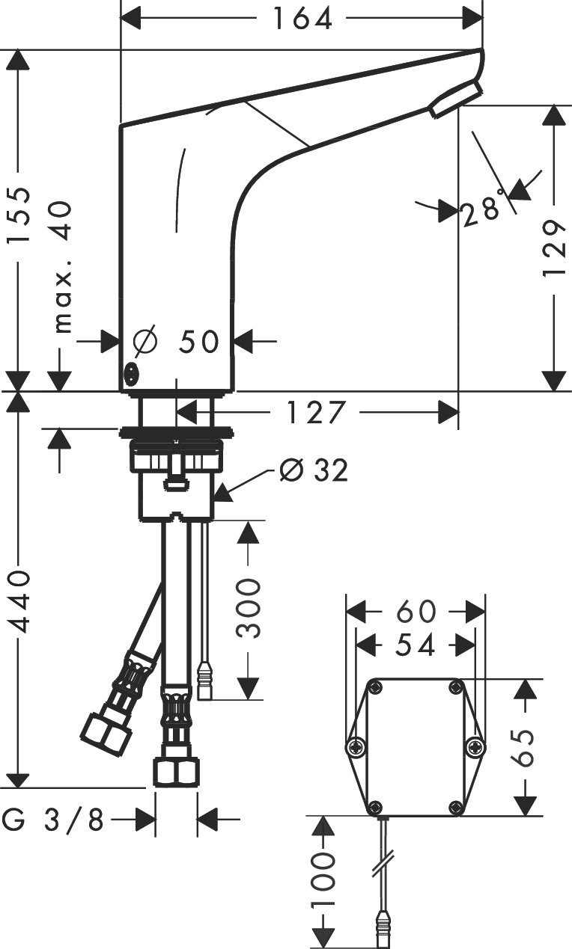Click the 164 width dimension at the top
[301, 19]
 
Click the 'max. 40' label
[63, 266]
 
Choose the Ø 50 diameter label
[177, 342]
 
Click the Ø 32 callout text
[313, 470]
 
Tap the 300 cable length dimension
[249, 606]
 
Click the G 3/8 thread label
[53, 820]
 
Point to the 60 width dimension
[416, 611]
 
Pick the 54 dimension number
[416, 645]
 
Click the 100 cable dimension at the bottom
[323, 882]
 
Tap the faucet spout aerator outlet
[454, 99]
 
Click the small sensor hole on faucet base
[131, 372]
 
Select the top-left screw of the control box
[376, 688]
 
